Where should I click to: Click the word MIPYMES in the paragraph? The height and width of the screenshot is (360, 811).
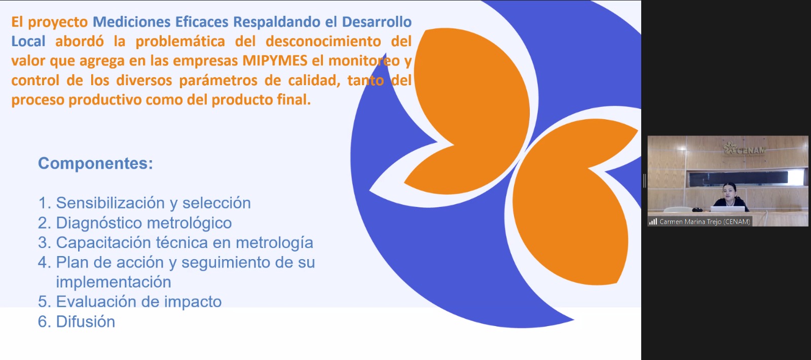275,61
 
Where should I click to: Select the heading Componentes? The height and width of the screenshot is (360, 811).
96,163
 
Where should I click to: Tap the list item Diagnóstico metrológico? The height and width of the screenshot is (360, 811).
135,223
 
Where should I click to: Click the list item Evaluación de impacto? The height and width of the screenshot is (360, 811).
130,302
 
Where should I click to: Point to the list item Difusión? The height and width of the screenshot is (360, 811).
77,321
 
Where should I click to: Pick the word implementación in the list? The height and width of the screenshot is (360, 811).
114,282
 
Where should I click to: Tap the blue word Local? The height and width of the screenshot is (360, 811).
28,41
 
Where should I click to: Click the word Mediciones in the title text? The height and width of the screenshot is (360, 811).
131,22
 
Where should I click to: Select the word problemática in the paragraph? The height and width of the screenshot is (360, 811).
180,41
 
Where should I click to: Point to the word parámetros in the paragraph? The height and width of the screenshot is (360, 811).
218,81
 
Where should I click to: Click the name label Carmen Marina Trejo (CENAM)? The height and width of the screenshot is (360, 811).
705,222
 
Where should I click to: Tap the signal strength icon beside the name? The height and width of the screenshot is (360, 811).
653,222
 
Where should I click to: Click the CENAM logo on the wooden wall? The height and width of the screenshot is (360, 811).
744,149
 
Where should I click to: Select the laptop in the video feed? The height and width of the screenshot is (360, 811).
727,208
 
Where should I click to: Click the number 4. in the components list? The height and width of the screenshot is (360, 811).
45,263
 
